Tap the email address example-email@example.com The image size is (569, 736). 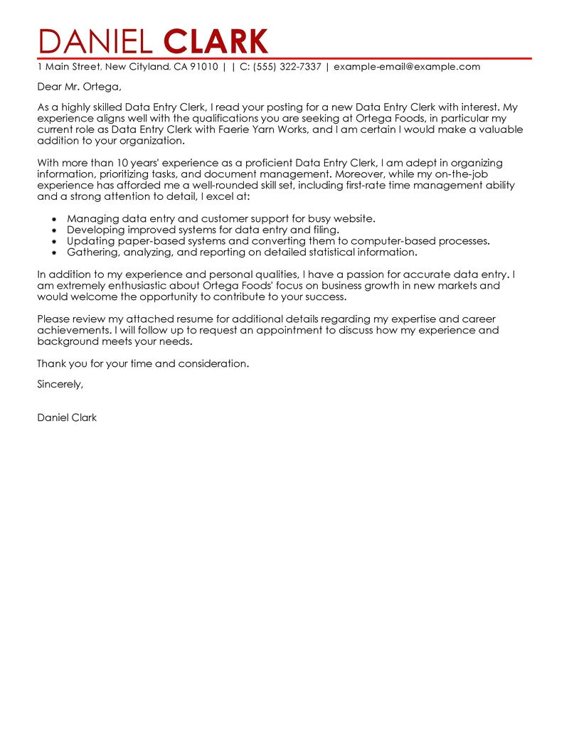pyautogui.click(x=407, y=67)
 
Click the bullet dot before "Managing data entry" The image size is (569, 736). pyautogui.click(x=54, y=220)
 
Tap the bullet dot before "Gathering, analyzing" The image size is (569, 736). pyautogui.click(x=54, y=252)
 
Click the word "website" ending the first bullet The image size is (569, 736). pyautogui.click(x=354, y=219)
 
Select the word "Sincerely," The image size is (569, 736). pyautogui.click(x=60, y=384)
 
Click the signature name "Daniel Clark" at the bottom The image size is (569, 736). pyautogui.click(x=67, y=417)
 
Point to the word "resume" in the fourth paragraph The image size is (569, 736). pyautogui.click(x=195, y=319)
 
